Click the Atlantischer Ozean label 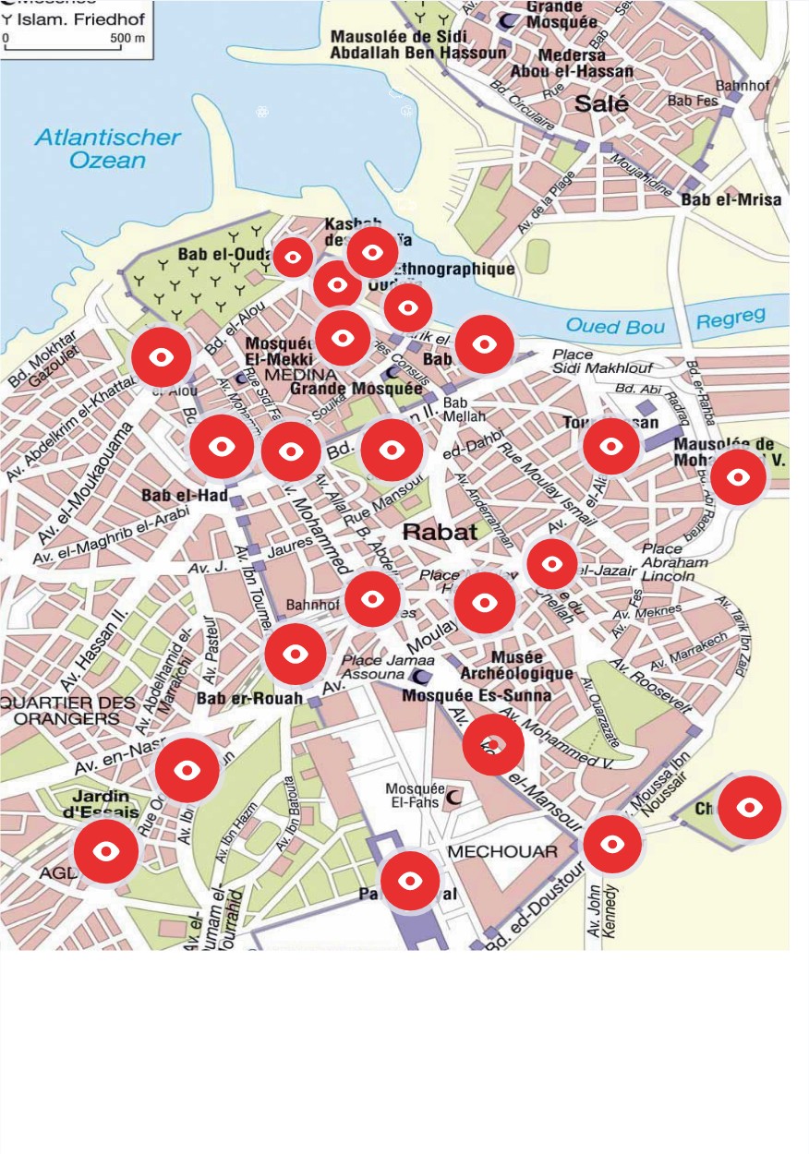[x=108, y=149]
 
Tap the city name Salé [x=601, y=103]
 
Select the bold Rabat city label [x=440, y=532]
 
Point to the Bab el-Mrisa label [x=731, y=199]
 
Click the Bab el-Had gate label [x=185, y=496]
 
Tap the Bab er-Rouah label [x=249, y=699]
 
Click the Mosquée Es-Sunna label [x=477, y=695]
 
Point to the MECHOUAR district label [x=503, y=851]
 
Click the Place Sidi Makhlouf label [x=591, y=362]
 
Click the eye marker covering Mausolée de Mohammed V [x=738, y=477]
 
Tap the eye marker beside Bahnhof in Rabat [x=371, y=599]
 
